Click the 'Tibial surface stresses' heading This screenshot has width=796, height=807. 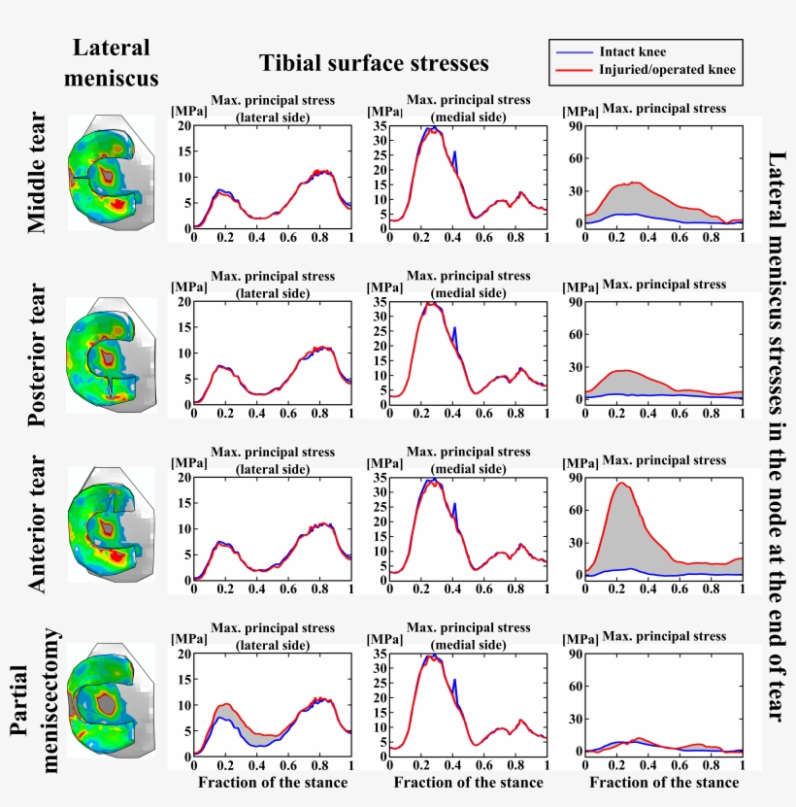click(x=374, y=64)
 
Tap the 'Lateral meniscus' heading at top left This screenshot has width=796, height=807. click(x=112, y=62)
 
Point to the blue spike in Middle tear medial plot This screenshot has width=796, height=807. click(x=454, y=153)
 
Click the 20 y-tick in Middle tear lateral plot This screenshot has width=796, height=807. click(x=184, y=126)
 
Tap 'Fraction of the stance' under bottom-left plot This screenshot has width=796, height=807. click(x=272, y=783)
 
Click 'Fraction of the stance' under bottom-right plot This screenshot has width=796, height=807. click(x=664, y=783)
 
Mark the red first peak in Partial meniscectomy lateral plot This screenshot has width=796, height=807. click(x=225, y=704)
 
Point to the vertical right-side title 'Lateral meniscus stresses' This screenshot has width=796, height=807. click(x=777, y=437)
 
